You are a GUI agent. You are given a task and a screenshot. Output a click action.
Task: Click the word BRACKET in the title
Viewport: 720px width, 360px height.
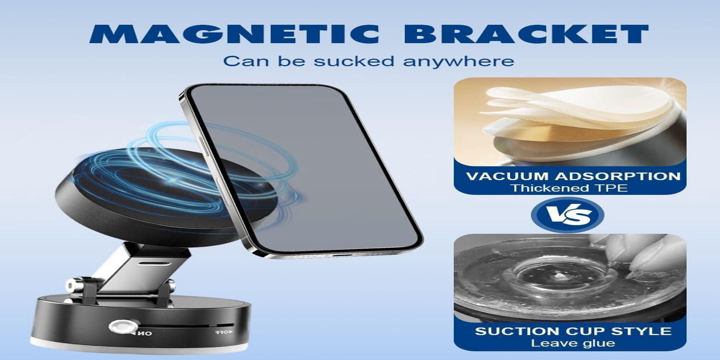pos(526,34)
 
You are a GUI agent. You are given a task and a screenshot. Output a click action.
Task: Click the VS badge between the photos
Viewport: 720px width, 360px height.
pos(568,215)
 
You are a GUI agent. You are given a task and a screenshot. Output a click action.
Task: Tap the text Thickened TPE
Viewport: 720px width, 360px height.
pos(569,188)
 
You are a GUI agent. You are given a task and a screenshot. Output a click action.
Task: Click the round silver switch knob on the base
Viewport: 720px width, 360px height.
pos(123,327)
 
